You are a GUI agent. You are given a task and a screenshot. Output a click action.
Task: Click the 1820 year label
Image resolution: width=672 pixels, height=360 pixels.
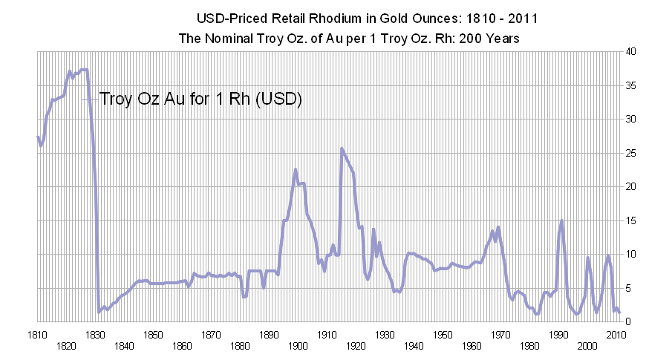click(x=65, y=345)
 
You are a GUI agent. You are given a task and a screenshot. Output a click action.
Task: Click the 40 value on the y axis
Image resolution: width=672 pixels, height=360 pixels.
click(x=630, y=51)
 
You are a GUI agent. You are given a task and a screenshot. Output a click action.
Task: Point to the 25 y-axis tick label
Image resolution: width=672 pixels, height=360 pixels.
click(x=630, y=153)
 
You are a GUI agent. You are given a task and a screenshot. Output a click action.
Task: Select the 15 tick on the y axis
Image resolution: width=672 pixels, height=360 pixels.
click(x=630, y=220)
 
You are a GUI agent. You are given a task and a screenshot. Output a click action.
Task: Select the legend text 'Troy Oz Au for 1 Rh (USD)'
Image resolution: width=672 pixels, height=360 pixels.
click(x=200, y=99)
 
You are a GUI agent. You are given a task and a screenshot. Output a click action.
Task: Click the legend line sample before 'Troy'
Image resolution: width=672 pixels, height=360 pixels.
click(x=90, y=99)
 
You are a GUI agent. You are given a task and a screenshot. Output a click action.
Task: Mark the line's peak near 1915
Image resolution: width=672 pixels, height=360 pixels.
click(x=342, y=149)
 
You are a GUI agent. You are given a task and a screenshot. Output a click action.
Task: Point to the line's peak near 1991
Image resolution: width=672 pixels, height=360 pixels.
click(x=561, y=220)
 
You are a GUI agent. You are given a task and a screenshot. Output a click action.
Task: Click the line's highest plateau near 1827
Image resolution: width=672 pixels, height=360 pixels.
click(x=84, y=70)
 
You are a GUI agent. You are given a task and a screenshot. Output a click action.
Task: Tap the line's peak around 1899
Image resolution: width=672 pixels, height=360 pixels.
click(x=296, y=170)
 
